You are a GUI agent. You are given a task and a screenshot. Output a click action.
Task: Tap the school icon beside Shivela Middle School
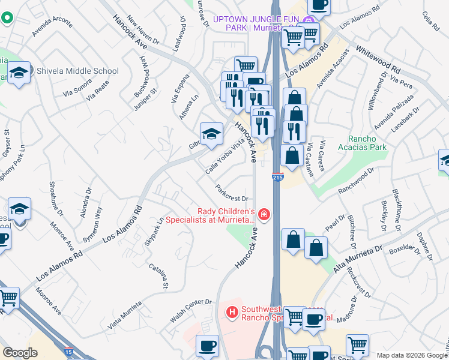19,73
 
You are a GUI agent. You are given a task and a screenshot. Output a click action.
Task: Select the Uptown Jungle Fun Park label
257,23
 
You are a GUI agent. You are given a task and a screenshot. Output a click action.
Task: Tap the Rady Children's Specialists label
228,215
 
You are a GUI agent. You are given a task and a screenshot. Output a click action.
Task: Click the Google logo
20,352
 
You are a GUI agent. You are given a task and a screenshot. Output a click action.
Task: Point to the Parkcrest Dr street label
232,193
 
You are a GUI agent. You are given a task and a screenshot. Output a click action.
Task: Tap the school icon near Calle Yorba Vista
211,134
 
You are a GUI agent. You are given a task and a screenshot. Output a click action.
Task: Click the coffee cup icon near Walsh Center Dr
207,346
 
